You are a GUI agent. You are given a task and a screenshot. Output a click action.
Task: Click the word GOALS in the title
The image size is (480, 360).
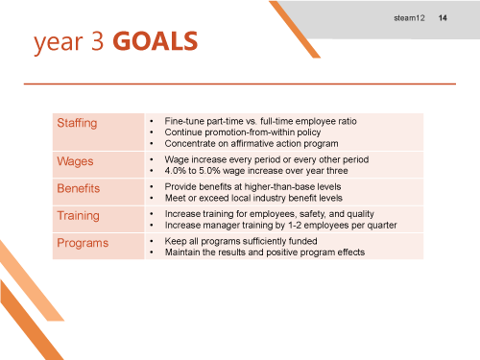(x=156, y=41)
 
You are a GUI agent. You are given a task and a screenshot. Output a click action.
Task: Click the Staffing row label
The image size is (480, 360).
(x=77, y=123)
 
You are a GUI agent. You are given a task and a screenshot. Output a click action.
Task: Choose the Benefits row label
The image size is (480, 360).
(x=78, y=188)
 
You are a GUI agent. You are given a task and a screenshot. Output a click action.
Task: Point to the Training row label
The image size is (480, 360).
(x=78, y=216)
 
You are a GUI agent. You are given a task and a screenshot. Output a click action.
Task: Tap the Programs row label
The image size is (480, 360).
(x=82, y=244)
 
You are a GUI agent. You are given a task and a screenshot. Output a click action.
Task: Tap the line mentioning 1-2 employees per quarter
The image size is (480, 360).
(x=280, y=225)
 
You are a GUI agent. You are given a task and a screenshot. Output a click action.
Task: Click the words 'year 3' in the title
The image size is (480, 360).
(x=70, y=41)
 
